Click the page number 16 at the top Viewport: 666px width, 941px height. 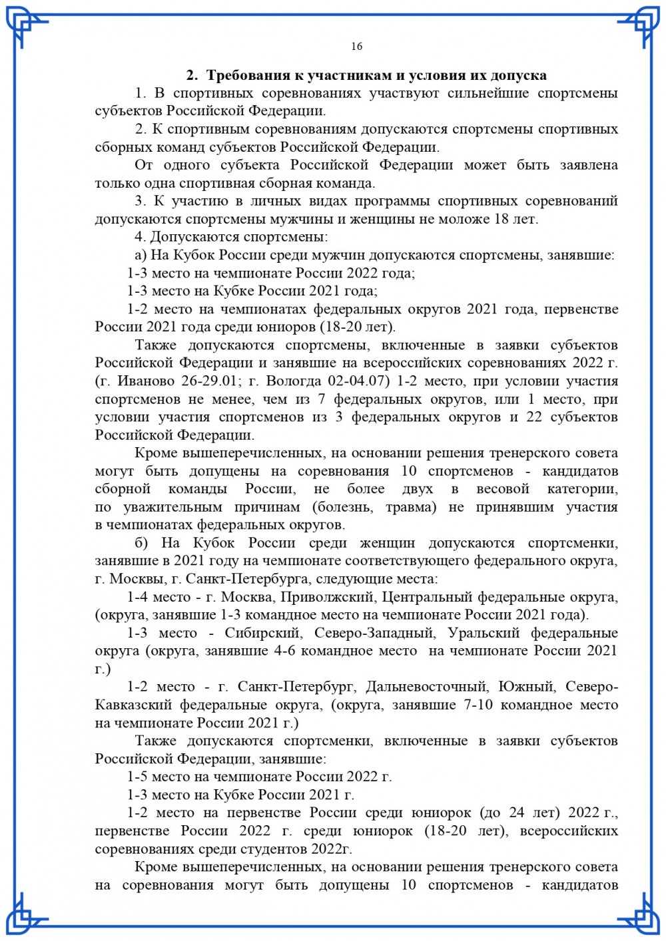click(x=356, y=46)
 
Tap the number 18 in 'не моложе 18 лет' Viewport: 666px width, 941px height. click(x=501, y=219)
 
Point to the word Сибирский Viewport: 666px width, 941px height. click(x=262, y=633)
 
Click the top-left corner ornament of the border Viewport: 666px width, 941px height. click(x=27, y=27)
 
